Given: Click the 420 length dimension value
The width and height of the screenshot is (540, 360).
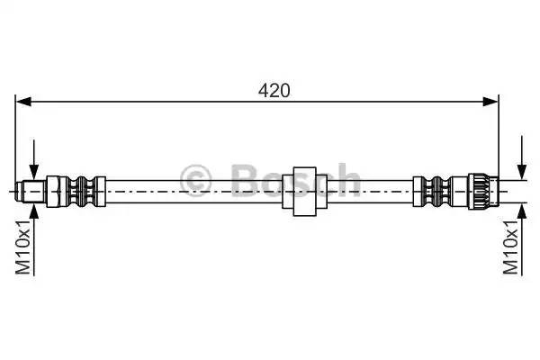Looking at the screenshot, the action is coord(274,91).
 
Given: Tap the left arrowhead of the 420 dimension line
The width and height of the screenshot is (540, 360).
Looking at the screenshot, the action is coord(23,102).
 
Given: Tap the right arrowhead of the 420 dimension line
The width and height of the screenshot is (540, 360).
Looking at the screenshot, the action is coord(490,102).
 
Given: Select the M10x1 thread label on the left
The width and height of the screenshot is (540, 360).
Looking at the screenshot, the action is coord(23,247).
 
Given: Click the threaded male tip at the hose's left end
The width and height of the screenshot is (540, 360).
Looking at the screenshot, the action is coord(31,191).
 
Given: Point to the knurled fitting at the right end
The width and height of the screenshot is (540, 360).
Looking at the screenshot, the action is coord(482,191).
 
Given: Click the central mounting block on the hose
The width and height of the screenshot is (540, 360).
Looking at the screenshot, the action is coord(304,192).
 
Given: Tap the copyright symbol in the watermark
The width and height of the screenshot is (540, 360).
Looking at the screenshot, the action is coord(195,180).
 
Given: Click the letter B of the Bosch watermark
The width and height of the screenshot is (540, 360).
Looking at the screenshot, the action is coord(245,180).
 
